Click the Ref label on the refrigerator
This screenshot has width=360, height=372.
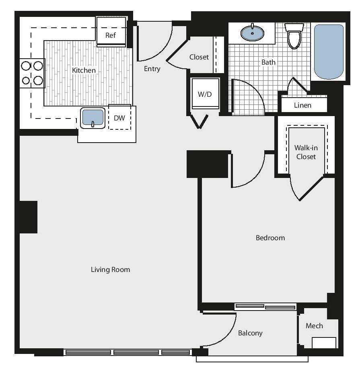(x=111, y=35)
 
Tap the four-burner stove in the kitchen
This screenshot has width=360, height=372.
(x=32, y=73)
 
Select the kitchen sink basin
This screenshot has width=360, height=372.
(x=93, y=117)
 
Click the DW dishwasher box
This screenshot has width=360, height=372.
(x=119, y=118)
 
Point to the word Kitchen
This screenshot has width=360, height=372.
(x=84, y=70)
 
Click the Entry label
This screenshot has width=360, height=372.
(x=152, y=69)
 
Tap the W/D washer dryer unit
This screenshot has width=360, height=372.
(x=205, y=94)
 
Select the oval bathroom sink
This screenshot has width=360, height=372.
(x=252, y=33)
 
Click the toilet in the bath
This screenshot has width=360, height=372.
(x=294, y=36)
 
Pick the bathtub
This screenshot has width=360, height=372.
(x=329, y=51)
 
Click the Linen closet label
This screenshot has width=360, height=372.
(x=302, y=105)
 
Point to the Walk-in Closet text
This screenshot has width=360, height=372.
(x=306, y=152)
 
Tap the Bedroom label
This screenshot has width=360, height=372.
(x=270, y=238)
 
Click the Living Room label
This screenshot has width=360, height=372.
(x=110, y=270)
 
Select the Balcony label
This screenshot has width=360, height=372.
(x=250, y=333)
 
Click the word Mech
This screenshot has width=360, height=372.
(x=314, y=326)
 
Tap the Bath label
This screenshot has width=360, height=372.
(x=269, y=62)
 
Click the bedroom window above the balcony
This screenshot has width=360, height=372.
(x=265, y=307)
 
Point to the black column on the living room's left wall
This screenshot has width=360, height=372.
(x=28, y=217)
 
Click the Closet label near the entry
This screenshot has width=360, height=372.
(x=199, y=57)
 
